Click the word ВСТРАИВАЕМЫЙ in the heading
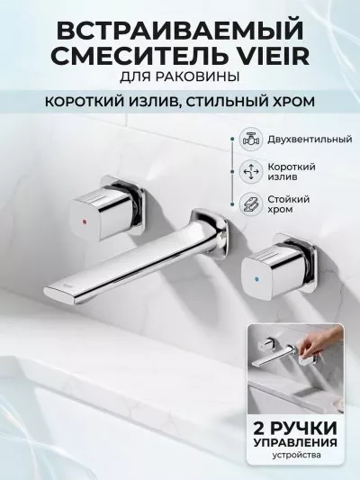(180, 31)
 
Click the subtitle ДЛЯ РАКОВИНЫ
(179, 77)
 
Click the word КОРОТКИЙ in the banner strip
(80, 102)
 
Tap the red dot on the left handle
(84, 221)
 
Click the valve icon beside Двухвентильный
(250, 140)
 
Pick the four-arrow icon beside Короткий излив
(250, 172)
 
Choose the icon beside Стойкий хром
(250, 204)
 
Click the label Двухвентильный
(310, 140)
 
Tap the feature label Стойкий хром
(289, 204)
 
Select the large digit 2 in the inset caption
(260, 428)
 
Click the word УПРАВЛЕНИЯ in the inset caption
(296, 443)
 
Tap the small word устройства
(297, 455)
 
